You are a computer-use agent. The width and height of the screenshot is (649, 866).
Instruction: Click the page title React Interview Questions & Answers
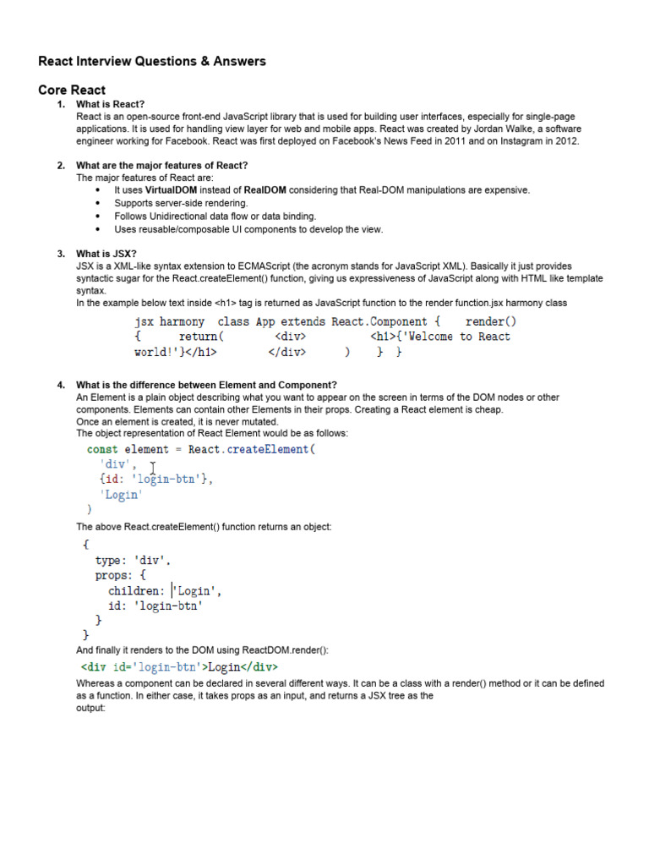click(152, 61)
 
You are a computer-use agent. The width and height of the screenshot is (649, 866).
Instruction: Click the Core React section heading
click(72, 90)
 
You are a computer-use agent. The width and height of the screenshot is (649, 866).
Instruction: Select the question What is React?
click(111, 104)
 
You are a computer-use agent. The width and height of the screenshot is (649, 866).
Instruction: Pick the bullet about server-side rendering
click(181, 203)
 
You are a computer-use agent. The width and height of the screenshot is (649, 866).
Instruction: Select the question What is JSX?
click(106, 254)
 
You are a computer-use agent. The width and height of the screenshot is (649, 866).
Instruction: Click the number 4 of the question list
click(61, 386)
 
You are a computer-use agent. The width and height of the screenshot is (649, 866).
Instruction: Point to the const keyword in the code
click(102, 449)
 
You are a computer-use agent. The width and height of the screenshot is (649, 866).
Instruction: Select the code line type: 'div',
click(133, 560)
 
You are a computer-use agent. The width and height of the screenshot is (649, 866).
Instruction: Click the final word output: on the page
click(91, 708)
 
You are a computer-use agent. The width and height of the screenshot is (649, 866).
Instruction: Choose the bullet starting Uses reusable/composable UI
click(248, 228)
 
